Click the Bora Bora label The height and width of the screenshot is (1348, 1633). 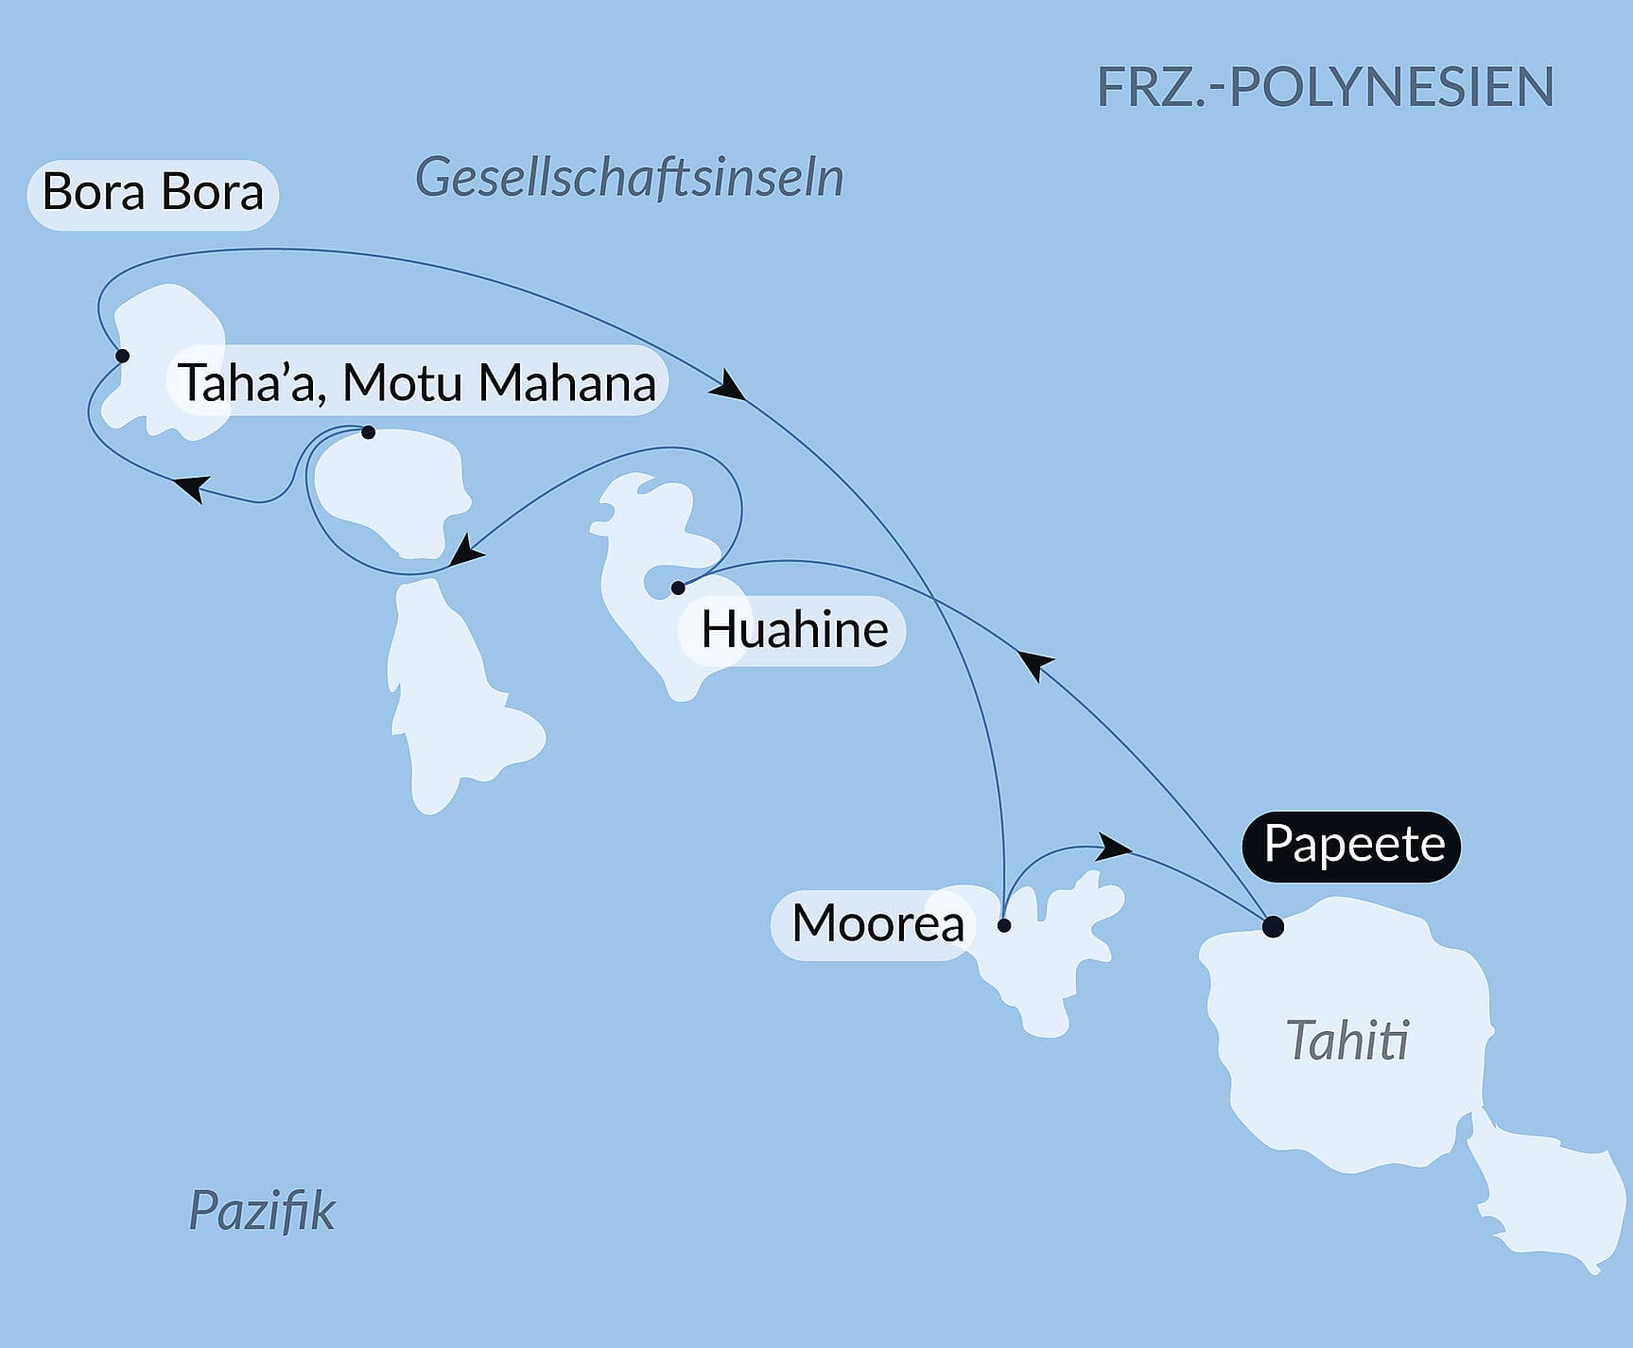(x=152, y=193)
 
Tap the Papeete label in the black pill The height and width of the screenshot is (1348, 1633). (x=1353, y=845)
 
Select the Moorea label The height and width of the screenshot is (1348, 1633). (x=877, y=923)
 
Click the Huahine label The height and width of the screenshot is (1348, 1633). (x=793, y=630)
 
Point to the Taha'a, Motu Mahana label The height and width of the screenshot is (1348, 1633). (x=417, y=383)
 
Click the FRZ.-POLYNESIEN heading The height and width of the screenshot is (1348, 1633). (x=1325, y=87)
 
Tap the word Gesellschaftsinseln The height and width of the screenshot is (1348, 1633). (x=629, y=178)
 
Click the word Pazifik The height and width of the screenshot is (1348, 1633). (x=262, y=1211)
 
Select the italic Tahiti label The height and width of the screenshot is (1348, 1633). (x=1347, y=1041)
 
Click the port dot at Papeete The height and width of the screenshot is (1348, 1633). (x=1273, y=926)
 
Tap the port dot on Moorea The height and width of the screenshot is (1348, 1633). (x=1004, y=925)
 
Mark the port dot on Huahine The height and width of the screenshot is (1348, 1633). (x=678, y=588)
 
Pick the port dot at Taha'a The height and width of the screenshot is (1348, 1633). (x=369, y=432)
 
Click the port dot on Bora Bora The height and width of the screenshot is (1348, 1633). (x=122, y=356)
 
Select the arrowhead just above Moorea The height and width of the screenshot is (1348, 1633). (x=1115, y=847)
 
